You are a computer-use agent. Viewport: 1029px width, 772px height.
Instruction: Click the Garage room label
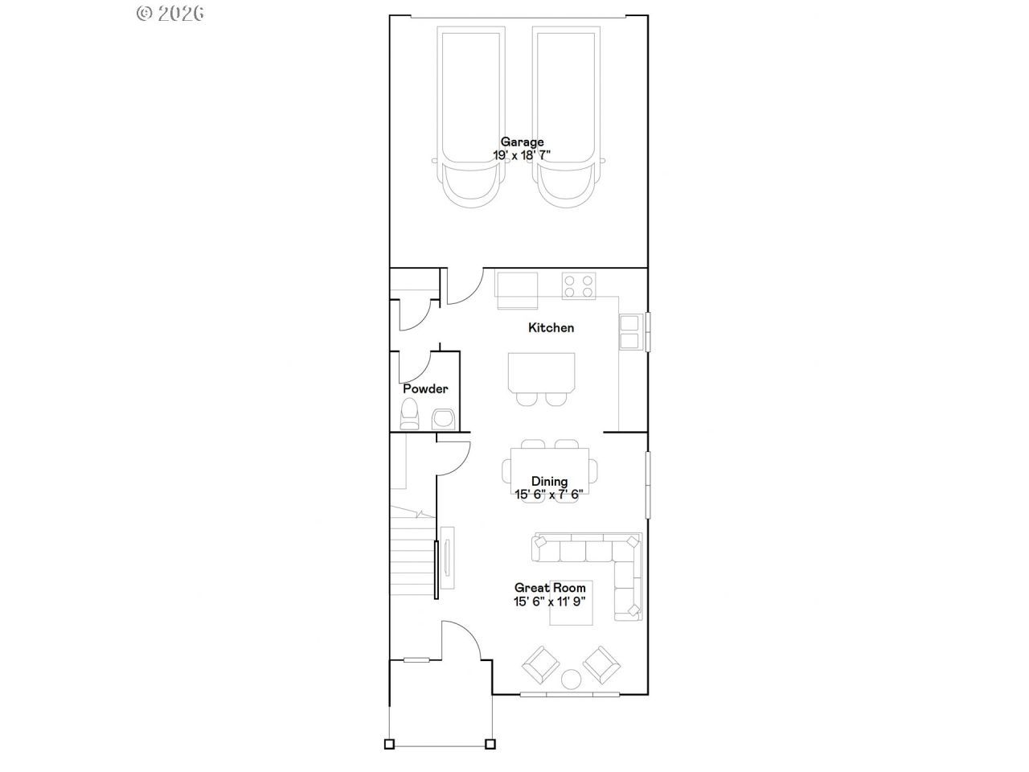pyautogui.click(x=522, y=142)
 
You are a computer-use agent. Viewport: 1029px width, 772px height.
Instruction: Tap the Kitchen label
pyautogui.click(x=551, y=327)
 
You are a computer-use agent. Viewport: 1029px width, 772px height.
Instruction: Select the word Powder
pyautogui.click(x=425, y=388)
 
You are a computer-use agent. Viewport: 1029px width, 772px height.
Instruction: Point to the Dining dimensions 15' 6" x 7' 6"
pyautogui.click(x=549, y=495)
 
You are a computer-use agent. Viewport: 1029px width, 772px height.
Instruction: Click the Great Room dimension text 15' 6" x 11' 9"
pyautogui.click(x=549, y=602)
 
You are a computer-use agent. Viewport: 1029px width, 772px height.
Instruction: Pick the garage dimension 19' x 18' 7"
pyautogui.click(x=521, y=155)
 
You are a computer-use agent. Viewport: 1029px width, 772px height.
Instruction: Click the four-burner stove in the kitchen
pyautogui.click(x=579, y=286)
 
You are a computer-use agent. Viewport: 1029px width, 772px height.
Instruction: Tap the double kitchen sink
pyautogui.click(x=629, y=332)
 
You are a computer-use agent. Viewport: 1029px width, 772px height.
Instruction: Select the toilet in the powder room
pyautogui.click(x=409, y=414)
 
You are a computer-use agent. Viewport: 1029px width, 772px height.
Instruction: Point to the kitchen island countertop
pyautogui.click(x=542, y=374)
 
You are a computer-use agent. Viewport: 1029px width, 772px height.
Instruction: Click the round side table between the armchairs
pyautogui.click(x=571, y=680)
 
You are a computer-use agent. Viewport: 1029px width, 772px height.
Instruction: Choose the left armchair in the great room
pyautogui.click(x=541, y=665)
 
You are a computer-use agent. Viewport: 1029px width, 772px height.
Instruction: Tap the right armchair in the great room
pyautogui.click(x=601, y=665)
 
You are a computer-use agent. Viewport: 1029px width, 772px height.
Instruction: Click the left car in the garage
pyautogui.click(x=471, y=117)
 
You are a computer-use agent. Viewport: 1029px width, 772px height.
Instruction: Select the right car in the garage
pyautogui.click(x=567, y=117)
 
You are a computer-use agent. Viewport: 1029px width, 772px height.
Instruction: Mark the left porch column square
pyautogui.click(x=389, y=744)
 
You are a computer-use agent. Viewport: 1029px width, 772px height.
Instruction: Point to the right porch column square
pyautogui.click(x=490, y=744)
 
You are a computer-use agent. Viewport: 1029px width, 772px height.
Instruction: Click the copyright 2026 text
pyautogui.click(x=170, y=14)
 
